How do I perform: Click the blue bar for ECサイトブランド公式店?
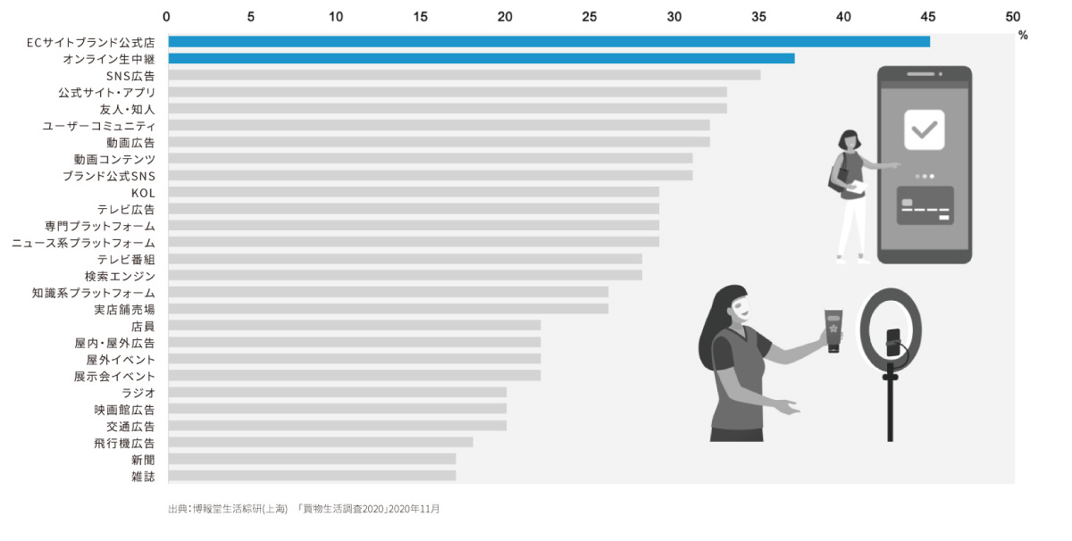click(x=549, y=42)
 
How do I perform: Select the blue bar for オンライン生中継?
click(x=481, y=59)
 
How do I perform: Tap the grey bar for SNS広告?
click(x=464, y=75)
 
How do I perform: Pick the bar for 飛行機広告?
click(x=320, y=442)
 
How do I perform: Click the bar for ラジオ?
click(x=337, y=392)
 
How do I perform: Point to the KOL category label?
click(x=143, y=192)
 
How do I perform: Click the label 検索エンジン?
click(x=120, y=276)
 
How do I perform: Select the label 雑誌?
click(x=143, y=477)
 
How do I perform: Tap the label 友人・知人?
click(x=127, y=109)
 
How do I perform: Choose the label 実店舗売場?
click(x=124, y=309)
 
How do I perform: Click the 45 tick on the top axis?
click(x=928, y=16)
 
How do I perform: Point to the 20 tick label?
click(x=505, y=16)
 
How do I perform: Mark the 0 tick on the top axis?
click(x=167, y=16)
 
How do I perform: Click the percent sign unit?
click(x=1023, y=36)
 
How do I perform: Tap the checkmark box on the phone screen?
click(x=924, y=129)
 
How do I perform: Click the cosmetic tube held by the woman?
click(x=833, y=329)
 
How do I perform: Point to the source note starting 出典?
click(x=304, y=509)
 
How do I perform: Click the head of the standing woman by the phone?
click(x=847, y=140)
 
